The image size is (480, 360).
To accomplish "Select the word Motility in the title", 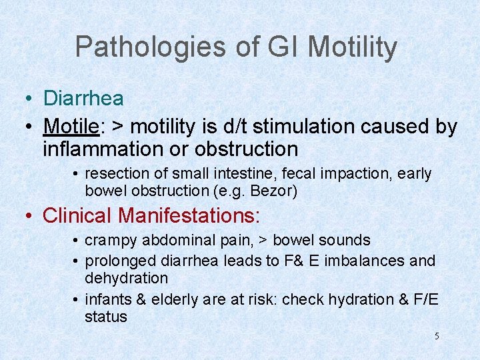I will pos(353,47).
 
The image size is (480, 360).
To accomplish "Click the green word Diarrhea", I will pos(83,99).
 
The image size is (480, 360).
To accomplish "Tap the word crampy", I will pos(109,240).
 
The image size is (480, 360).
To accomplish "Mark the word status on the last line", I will pos(105,317).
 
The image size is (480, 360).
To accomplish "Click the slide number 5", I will pos(437,337).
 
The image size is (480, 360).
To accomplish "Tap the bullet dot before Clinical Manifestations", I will pos(29,216).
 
